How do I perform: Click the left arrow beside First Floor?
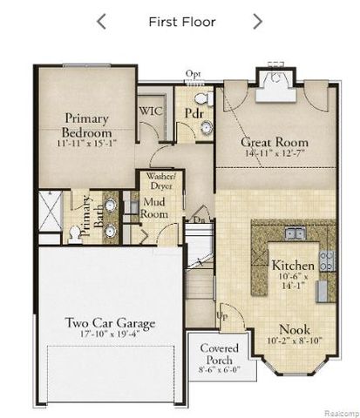click(x=102, y=22)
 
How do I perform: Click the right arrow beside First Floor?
click(x=257, y=22)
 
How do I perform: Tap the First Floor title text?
click(x=181, y=22)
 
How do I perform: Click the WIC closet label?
click(x=153, y=111)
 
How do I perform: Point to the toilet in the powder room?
click(x=201, y=97)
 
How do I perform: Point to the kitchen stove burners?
click(x=327, y=259)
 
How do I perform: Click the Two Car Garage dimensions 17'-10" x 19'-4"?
click(x=110, y=334)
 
